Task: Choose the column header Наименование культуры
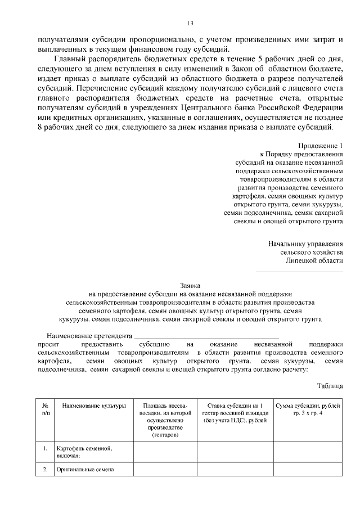pos(94,406)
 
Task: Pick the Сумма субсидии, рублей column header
pos(307,409)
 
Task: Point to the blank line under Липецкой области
pos(299,272)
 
